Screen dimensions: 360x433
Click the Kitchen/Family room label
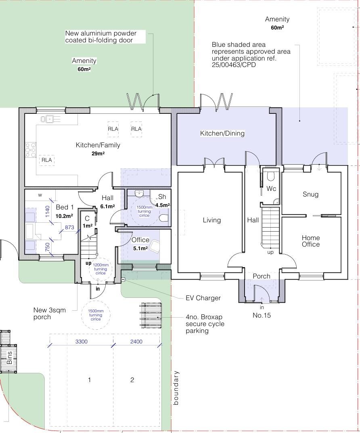click(x=98, y=145)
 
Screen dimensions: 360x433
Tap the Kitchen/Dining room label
click(x=222, y=134)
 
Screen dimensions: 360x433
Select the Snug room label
click(x=311, y=194)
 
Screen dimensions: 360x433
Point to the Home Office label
click(x=311, y=241)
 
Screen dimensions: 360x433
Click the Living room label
click(x=212, y=220)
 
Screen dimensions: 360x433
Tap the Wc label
click(x=271, y=188)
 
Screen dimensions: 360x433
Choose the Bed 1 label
click(x=65, y=207)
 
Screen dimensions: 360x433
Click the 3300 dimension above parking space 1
click(x=82, y=341)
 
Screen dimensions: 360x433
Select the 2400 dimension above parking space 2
click(x=136, y=341)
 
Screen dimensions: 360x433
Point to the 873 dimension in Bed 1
click(x=69, y=227)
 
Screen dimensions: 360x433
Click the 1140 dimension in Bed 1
click(x=48, y=211)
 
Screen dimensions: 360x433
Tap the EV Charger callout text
click(x=203, y=298)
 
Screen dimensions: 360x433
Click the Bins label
click(x=9, y=358)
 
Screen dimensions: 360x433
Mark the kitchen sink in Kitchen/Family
click(x=50, y=119)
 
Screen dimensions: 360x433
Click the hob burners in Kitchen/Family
click(x=31, y=150)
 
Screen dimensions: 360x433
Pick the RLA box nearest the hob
click(x=47, y=160)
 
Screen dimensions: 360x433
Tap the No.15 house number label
click(x=262, y=315)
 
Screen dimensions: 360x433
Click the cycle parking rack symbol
click(x=151, y=315)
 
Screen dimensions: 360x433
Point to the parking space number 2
click(x=132, y=380)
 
